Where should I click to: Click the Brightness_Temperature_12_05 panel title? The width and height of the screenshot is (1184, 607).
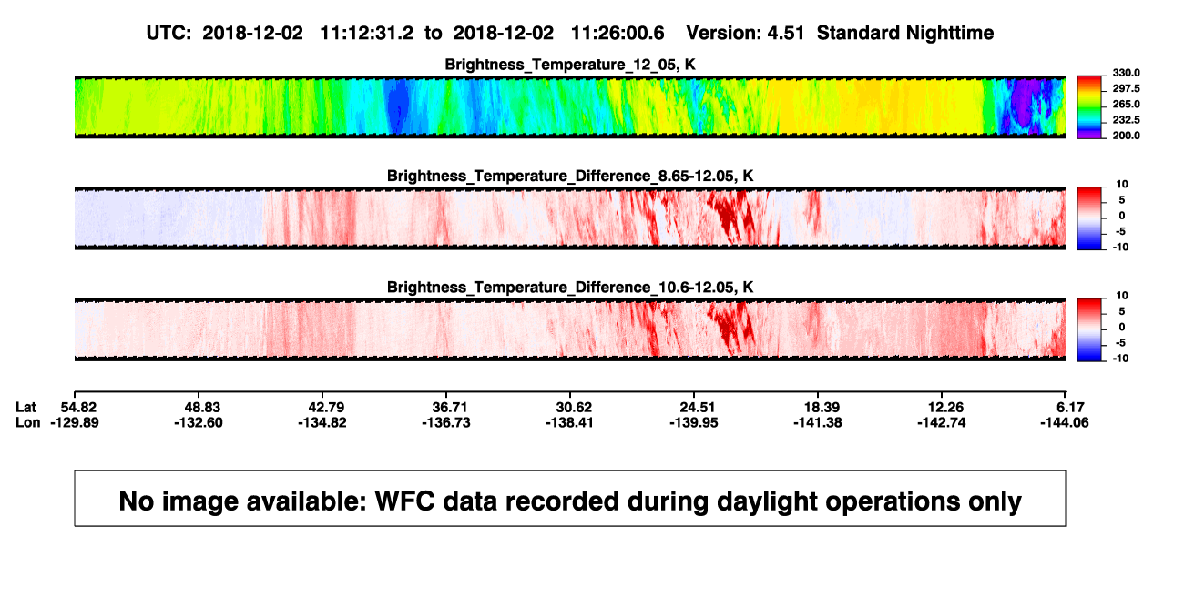[570, 65]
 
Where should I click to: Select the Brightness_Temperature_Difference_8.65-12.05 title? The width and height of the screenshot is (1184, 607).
[570, 176]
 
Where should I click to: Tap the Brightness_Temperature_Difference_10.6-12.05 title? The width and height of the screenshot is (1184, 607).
[570, 288]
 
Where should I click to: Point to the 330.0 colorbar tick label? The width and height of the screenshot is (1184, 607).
[1126, 73]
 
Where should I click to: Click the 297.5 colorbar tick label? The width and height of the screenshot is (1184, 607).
[1126, 88]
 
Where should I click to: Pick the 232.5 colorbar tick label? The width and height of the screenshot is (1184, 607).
[1126, 120]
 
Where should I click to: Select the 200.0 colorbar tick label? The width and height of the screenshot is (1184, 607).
[1126, 136]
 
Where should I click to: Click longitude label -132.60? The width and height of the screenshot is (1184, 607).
[199, 422]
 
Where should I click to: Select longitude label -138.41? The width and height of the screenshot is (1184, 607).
[569, 422]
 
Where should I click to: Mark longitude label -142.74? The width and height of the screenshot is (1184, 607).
[942, 422]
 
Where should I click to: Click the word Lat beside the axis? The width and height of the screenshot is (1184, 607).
[26, 408]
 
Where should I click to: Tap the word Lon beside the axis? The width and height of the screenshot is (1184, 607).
[28, 422]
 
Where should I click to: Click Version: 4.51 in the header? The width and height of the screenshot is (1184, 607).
[745, 33]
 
